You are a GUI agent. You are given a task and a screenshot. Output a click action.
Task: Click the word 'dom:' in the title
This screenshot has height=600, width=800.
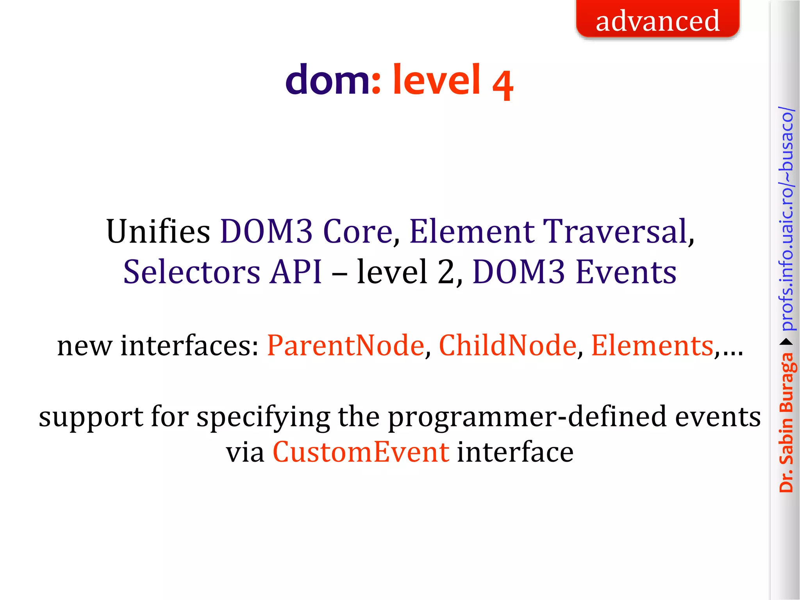(332, 80)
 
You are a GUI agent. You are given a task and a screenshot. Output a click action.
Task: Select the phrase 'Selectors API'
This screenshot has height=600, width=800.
(223, 272)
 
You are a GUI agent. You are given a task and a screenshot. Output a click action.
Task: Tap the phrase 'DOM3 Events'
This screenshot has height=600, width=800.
(574, 272)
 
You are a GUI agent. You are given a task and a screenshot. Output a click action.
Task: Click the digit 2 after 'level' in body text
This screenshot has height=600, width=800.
(446, 272)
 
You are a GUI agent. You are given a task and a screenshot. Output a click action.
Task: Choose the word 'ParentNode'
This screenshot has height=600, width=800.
(345, 346)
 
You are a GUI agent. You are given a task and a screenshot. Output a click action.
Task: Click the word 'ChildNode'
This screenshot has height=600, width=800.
(507, 346)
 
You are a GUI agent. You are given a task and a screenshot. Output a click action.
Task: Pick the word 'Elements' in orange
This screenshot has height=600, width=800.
(652, 346)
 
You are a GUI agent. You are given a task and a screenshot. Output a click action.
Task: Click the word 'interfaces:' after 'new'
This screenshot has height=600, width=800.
(189, 346)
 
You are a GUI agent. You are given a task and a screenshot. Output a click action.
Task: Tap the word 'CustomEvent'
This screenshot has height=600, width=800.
(361, 452)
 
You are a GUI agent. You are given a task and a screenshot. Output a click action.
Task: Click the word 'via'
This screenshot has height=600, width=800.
(245, 452)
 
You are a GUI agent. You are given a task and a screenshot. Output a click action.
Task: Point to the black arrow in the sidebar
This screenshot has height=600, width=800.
(786, 342)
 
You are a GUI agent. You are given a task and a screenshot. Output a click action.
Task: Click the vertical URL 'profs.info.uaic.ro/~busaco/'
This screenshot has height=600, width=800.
(786, 219)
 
